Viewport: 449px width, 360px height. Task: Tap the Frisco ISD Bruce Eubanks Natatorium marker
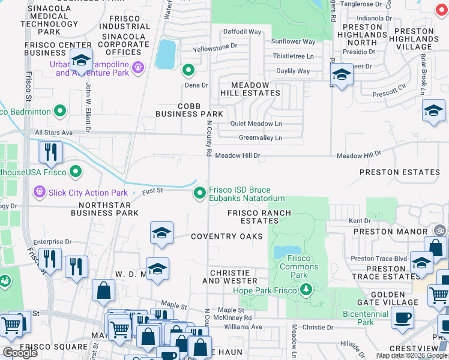(200, 193)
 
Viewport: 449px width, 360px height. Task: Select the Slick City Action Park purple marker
(40, 193)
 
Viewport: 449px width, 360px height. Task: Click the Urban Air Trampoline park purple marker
(139, 67)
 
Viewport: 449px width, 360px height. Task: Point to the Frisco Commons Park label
(295, 262)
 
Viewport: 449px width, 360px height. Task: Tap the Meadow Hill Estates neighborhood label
(255, 89)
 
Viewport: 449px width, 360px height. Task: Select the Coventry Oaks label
(227, 236)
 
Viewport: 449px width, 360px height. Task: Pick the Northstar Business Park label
(104, 208)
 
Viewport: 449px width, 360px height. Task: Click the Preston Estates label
(400, 172)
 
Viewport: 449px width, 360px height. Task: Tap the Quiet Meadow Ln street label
(256, 124)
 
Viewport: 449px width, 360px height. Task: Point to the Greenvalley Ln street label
(261, 138)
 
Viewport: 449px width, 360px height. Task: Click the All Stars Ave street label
(53, 133)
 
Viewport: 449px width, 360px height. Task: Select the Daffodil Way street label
(242, 32)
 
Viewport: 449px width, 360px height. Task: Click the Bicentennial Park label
(366, 318)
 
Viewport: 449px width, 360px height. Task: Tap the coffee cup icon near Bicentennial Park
(402, 317)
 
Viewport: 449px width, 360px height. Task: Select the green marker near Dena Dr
(188, 71)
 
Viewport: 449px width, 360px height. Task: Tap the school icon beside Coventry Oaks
(161, 233)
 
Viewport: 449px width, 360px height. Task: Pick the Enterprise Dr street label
(52, 242)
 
